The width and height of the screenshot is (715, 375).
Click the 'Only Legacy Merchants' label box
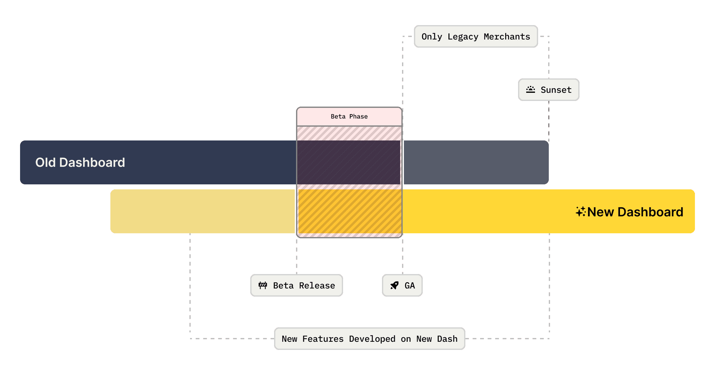[476, 37]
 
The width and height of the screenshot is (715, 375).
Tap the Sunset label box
[548, 90]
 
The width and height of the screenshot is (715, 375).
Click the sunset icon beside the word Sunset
[530, 90]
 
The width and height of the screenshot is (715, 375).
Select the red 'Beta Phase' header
[349, 117]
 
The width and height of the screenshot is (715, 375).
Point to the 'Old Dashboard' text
[80, 162]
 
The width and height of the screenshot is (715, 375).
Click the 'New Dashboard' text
[635, 212]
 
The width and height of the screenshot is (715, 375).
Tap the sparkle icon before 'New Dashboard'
[580, 212]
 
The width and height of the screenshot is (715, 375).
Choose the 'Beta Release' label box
[296, 285]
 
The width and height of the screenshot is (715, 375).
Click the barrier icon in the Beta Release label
[263, 285]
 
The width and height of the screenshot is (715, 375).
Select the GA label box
[402, 285]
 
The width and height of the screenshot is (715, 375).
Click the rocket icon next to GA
[395, 285]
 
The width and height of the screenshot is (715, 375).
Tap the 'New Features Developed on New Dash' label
[369, 339]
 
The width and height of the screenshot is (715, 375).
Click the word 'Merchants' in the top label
[507, 37]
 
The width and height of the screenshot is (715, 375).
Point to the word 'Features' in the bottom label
[323, 339]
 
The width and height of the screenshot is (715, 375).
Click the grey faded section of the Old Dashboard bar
[475, 162]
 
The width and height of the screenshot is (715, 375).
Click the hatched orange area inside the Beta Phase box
[349, 211]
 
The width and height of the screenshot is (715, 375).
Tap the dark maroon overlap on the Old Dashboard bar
[349, 162]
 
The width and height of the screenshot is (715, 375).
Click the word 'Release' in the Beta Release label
[317, 286]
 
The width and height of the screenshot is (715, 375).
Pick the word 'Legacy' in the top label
[463, 37]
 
